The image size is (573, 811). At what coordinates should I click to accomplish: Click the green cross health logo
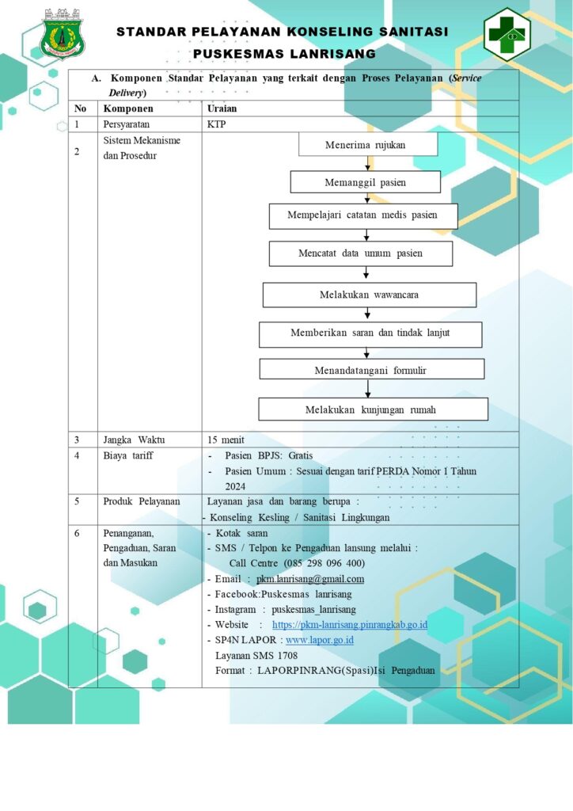point(507,34)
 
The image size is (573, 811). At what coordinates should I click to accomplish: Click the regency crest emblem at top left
point(63,34)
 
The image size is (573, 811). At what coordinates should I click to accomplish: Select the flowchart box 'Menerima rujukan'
point(368,144)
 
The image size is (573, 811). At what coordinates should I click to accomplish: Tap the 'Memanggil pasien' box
point(366,182)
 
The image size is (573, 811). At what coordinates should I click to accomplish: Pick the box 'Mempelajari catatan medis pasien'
point(363,215)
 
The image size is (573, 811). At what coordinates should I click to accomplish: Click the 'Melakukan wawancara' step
point(370,295)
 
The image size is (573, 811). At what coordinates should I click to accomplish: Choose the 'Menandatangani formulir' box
point(371,370)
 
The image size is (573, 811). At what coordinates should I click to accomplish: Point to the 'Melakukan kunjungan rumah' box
point(373,409)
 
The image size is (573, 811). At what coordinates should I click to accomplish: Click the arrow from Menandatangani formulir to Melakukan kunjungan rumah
point(368,389)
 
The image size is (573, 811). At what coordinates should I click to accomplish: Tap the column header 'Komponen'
point(128,109)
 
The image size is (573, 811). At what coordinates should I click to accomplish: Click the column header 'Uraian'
point(222,109)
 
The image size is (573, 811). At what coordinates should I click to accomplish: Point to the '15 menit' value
point(226,440)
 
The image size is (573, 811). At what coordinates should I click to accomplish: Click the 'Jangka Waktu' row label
point(134,440)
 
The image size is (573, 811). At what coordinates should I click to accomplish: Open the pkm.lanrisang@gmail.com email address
point(310,579)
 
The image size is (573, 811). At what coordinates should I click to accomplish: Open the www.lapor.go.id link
point(320,640)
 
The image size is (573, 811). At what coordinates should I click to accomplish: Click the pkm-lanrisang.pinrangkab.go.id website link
point(350,625)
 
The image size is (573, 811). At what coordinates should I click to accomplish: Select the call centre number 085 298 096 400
point(325,563)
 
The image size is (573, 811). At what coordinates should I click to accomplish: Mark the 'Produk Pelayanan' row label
point(142,501)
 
